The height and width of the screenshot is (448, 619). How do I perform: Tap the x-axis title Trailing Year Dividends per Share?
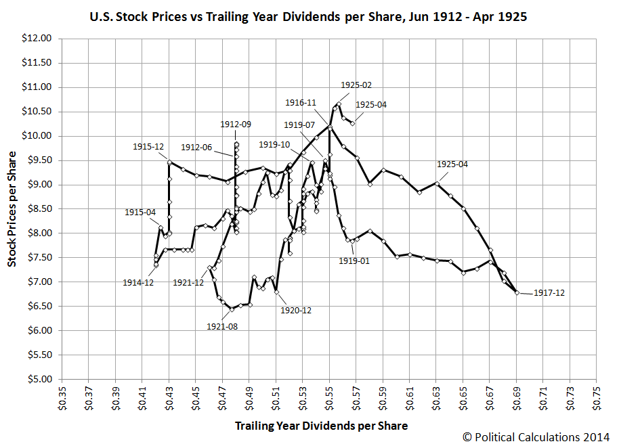coord(321,426)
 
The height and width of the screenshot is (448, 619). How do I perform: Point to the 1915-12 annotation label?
coord(147,147)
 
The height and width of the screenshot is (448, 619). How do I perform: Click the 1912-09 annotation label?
coord(235,124)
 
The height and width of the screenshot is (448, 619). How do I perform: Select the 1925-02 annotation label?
coord(356,85)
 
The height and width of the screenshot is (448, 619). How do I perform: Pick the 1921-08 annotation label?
coord(221,326)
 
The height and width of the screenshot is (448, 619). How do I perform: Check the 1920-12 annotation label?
coord(296,311)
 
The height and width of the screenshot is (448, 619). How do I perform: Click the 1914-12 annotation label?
coord(139,282)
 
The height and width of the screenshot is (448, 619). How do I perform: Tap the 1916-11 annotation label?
coord(301,103)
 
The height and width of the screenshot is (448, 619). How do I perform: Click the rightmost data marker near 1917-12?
coord(517,292)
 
